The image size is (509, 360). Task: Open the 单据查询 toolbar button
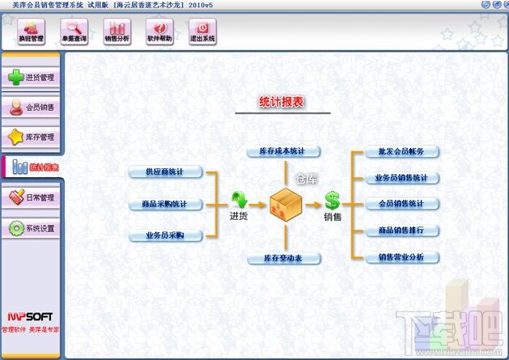[74, 32]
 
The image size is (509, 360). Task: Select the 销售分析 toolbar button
[117, 32]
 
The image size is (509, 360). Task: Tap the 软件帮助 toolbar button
[159, 32]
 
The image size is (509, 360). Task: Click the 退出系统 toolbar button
[201, 32]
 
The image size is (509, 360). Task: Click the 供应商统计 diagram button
[164, 172]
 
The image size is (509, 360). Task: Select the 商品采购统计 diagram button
[164, 204]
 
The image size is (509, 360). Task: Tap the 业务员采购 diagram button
[164, 235]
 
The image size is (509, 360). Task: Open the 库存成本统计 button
[284, 151]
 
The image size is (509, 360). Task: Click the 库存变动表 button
[284, 258]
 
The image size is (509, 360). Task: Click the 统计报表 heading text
[282, 103]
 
